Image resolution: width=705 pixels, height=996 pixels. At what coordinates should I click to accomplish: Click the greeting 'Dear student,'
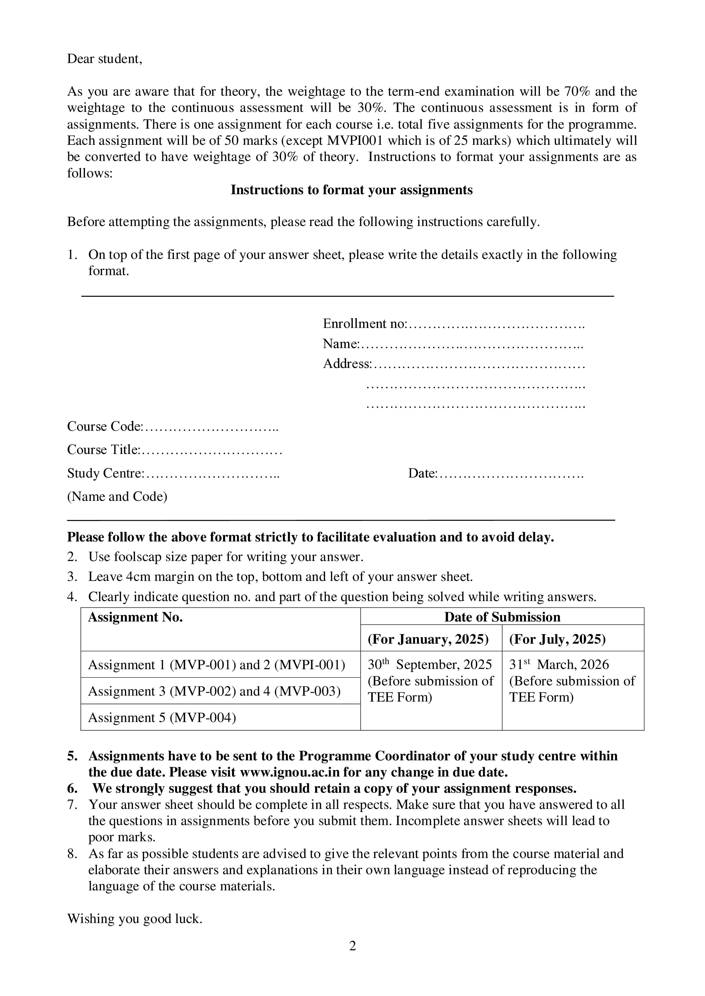pos(104,59)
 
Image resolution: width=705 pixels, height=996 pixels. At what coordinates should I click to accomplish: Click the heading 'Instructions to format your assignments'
pos(351,190)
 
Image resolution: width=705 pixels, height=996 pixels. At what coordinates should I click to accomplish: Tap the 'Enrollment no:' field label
pos(365,324)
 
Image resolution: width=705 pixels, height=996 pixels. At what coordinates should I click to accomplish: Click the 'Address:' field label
pos(347,363)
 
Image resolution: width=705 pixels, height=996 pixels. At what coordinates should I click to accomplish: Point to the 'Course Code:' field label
pos(105,426)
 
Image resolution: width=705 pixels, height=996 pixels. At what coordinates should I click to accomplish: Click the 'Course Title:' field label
pos(103,450)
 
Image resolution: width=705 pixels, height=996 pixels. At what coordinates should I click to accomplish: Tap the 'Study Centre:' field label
pos(105,473)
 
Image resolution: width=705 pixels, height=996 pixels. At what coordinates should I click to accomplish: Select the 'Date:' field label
pos(422,473)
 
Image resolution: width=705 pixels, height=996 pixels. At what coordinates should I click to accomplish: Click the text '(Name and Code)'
pos(117,496)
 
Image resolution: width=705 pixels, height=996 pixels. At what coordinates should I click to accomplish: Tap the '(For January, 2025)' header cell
pos(428,639)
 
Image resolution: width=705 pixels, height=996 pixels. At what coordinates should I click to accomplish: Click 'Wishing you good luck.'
pos(135,918)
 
